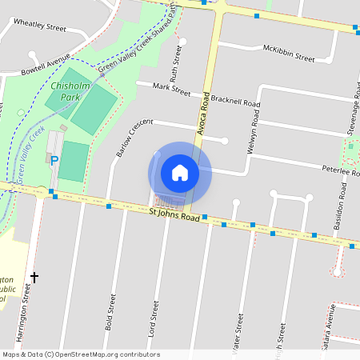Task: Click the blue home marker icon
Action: [180, 173]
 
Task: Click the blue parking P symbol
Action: [54, 161]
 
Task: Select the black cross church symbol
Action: [34, 278]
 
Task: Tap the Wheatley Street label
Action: [39, 26]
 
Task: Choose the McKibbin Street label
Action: [289, 53]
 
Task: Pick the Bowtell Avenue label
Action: [46, 66]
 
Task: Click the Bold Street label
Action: [111, 312]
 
